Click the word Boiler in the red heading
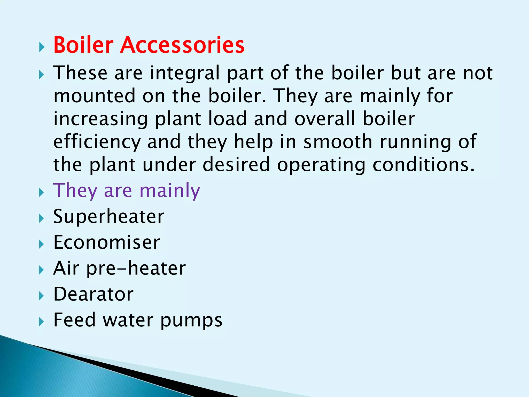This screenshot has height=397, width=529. point(83,45)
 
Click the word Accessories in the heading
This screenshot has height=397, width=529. point(182,45)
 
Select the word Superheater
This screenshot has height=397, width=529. point(108,217)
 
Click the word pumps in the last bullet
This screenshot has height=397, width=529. point(191,320)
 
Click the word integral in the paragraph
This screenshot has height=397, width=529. point(185,73)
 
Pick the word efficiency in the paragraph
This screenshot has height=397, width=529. point(97,142)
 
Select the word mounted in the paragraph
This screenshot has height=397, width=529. point(94,96)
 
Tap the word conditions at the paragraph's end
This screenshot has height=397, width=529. point(424,165)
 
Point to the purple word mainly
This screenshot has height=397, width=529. point(170,191)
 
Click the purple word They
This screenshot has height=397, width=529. point(75,191)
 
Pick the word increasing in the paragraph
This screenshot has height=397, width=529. point(100,119)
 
